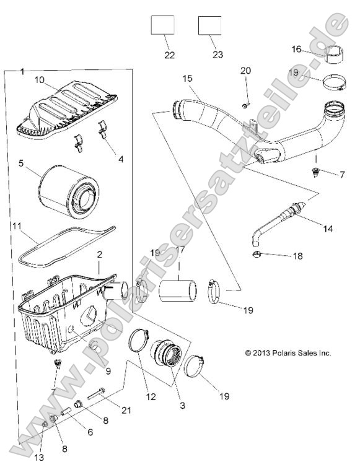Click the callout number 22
click(x=170, y=55)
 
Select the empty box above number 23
click(x=209, y=27)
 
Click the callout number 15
click(x=188, y=79)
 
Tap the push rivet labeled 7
click(x=316, y=172)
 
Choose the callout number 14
click(x=327, y=229)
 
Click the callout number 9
click(x=108, y=371)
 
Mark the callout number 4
click(x=120, y=159)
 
